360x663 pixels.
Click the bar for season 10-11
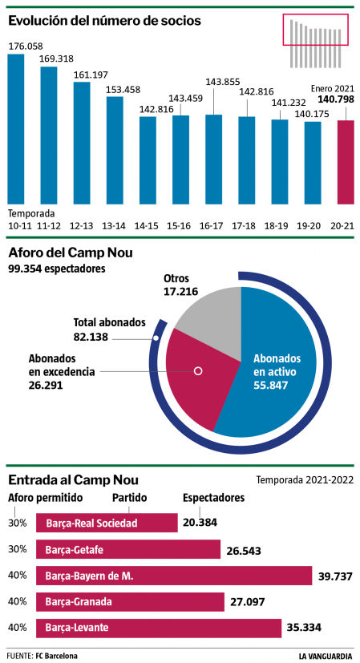[16, 128]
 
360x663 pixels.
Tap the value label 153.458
[115, 88]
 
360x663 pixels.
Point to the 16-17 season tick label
[212, 228]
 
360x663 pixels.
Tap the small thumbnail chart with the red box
[317, 41]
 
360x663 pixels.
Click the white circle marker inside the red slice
[199, 371]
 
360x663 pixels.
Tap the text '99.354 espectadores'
[56, 269]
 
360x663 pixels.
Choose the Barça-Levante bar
[160, 627]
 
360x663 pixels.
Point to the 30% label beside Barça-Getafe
[18, 549]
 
